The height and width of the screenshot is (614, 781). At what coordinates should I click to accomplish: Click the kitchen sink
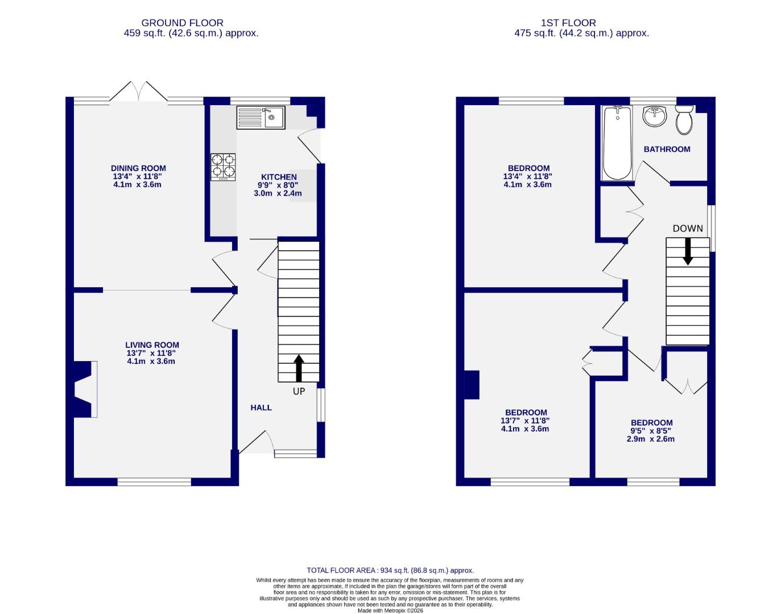261,118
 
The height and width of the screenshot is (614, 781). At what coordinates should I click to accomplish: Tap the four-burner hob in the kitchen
223,167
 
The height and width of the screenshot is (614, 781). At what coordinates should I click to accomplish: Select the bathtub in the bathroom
617,143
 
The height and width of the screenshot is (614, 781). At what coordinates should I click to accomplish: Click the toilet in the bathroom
684,119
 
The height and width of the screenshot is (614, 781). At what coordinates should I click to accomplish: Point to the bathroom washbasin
655,117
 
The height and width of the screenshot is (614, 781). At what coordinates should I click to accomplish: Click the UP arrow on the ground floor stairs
299,368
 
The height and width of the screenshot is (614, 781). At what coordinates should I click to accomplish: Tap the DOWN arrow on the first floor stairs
688,251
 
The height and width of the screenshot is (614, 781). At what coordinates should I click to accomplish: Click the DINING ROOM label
138,168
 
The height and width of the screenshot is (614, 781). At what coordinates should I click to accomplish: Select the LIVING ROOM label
152,345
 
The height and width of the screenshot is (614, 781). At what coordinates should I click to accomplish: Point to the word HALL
261,408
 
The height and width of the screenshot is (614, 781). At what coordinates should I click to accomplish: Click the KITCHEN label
279,177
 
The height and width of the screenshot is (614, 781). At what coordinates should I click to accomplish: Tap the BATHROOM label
667,149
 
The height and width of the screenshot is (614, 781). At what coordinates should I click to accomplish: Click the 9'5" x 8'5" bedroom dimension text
651,431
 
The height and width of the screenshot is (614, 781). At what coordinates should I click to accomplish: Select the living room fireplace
84,389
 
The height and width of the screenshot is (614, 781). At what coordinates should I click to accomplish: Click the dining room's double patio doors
138,93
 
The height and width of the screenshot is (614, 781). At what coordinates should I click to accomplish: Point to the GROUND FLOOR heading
182,23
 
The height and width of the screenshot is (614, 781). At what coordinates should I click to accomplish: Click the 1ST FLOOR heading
568,23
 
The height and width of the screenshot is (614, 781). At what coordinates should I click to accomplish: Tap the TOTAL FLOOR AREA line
390,570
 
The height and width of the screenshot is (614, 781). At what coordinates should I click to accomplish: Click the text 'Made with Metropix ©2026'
390,611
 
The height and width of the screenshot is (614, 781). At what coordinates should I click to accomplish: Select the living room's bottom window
154,482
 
